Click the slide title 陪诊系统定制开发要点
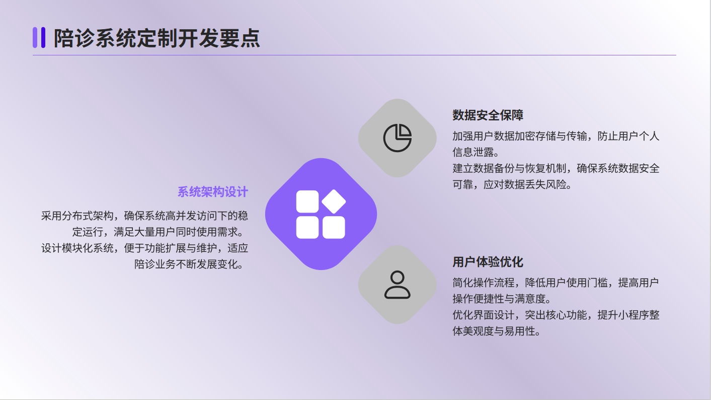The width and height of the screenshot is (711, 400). tap(156, 38)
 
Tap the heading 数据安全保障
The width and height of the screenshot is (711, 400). tap(488, 115)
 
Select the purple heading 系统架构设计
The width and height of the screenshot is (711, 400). tap(213, 192)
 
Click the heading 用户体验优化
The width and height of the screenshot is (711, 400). tap(488, 262)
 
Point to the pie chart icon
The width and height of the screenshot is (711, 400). tap(398, 138)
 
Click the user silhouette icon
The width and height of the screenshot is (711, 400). tap(398, 285)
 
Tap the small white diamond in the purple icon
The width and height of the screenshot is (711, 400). tap(334, 202)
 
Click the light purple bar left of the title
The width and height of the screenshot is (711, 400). tap(35, 37)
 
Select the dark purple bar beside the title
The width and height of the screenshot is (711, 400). tap(43, 37)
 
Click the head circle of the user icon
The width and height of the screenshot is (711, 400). tap(398, 277)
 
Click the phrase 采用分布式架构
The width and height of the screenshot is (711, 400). tap(77, 216)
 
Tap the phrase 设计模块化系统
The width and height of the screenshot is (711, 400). tap(77, 248)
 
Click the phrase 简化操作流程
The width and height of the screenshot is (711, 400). tap(484, 283)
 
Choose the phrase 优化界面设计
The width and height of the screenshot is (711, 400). tap(484, 315)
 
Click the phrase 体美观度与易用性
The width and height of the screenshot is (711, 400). tap(494, 331)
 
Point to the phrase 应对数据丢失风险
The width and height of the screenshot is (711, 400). tap(525, 184)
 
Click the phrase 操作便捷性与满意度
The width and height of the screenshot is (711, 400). tap(499, 299)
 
